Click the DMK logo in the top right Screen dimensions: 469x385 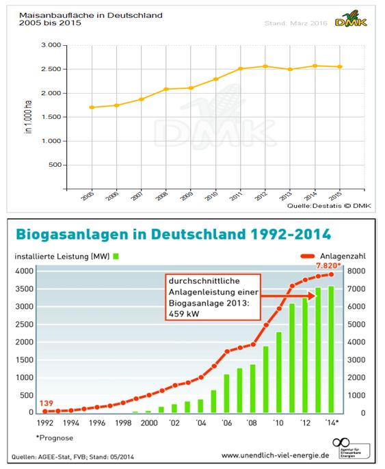351,22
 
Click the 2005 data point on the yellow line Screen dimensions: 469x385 92,107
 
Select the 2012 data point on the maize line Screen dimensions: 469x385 265,66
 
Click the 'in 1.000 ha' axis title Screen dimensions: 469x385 29,117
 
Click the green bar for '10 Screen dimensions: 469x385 280,372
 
